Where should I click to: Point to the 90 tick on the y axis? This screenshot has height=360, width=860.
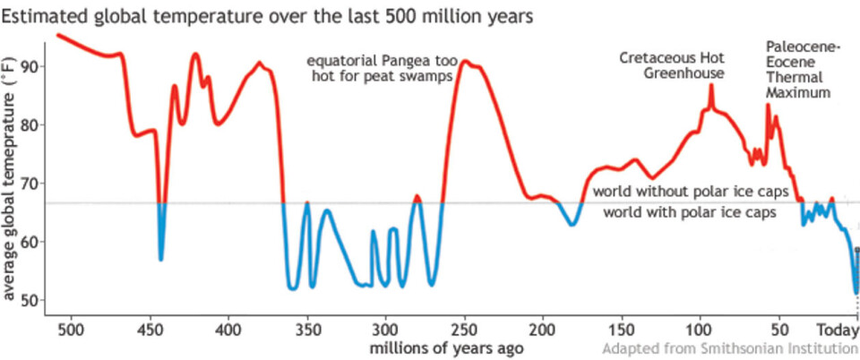[x=32, y=67]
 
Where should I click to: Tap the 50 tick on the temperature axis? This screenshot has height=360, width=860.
[x=32, y=300]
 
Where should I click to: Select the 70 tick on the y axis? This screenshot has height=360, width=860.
[x=32, y=184]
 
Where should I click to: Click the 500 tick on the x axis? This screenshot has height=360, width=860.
[x=69, y=328]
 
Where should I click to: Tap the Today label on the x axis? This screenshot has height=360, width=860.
[x=839, y=328]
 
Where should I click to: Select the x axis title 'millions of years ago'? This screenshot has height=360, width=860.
[x=445, y=346]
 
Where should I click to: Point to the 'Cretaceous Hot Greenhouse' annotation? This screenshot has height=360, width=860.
[x=672, y=65]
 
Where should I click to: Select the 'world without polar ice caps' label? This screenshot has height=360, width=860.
[x=690, y=193]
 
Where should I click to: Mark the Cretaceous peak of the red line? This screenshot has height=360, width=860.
[x=710, y=85]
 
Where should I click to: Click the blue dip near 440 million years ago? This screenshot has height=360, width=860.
[x=161, y=259]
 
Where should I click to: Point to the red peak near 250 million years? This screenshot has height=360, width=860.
[x=466, y=64]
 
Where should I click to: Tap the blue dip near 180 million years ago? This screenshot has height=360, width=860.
[x=571, y=224]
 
